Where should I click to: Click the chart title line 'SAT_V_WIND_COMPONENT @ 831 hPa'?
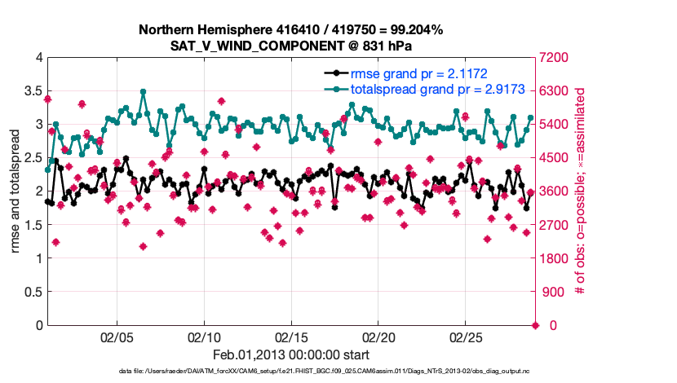point(290,46)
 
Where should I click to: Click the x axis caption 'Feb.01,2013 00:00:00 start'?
point(290,354)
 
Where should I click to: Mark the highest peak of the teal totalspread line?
point(143,92)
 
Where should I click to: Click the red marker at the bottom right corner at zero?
point(535,325)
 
